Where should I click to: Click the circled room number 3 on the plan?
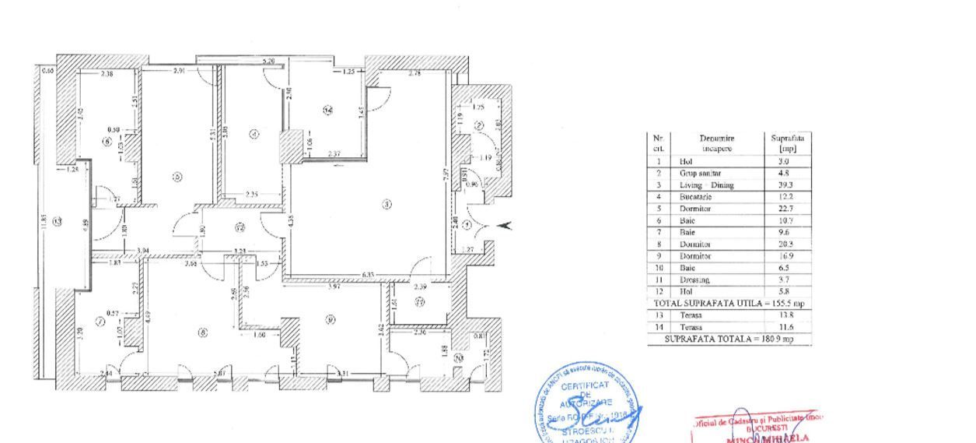click(x=387, y=205)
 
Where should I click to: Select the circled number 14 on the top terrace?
click(x=328, y=111)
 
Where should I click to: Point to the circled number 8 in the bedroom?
click(x=203, y=332)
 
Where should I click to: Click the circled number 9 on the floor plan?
click(x=331, y=318)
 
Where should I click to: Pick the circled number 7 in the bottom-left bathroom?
click(x=99, y=321)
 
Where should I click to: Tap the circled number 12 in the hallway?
click(x=240, y=227)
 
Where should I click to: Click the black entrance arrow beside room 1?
click(x=504, y=226)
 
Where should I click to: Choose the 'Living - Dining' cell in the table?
click(x=701, y=185)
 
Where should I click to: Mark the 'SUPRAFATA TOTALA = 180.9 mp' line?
click(x=729, y=339)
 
